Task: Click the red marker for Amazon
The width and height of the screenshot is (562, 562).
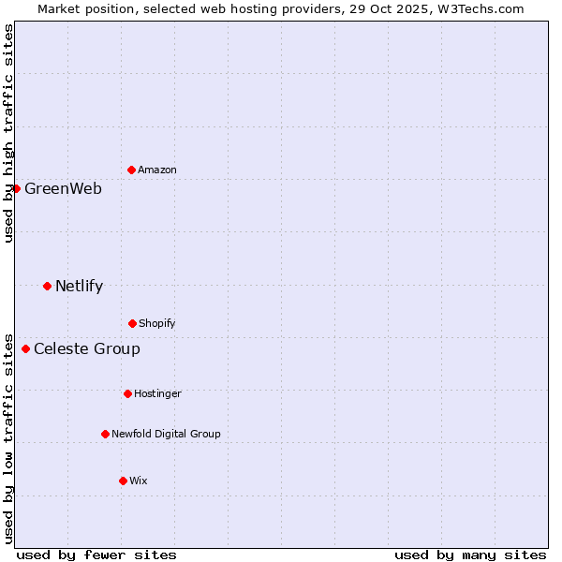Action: [x=131, y=170]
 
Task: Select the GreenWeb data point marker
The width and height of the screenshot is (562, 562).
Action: [x=16, y=188]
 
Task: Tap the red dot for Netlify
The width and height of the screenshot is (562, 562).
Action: [x=47, y=286]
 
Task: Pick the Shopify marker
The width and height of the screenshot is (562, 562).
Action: [x=132, y=323]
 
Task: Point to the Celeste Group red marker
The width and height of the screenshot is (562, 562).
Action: [x=25, y=348]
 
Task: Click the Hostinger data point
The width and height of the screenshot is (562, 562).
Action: [x=127, y=393]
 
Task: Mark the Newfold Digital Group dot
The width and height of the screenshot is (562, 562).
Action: [x=105, y=434]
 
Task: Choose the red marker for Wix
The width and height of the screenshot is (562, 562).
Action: [x=123, y=481]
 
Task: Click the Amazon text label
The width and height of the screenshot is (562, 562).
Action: [x=157, y=170]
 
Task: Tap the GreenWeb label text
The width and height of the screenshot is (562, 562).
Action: [x=63, y=188]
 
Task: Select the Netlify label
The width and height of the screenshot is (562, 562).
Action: [x=79, y=286]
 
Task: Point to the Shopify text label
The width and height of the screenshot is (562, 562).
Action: [x=157, y=323]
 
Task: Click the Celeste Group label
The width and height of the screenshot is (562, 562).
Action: [x=87, y=348]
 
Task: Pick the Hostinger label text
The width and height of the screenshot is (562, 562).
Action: [x=157, y=393]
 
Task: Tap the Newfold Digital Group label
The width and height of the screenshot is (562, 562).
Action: [x=166, y=434]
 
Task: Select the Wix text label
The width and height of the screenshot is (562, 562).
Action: [x=139, y=481]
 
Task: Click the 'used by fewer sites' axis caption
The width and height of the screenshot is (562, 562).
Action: [x=96, y=555]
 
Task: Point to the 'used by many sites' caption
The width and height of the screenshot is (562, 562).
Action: [x=470, y=555]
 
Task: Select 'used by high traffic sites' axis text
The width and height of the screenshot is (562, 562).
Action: [x=8, y=133]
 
